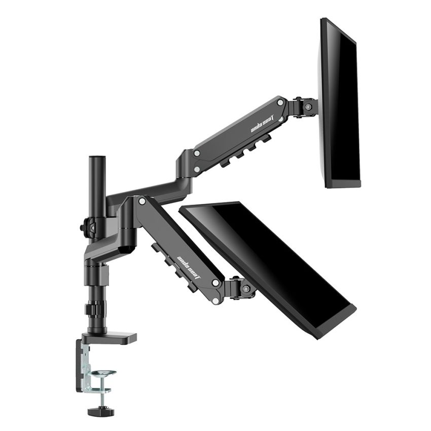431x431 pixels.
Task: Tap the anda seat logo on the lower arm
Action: click(189, 267)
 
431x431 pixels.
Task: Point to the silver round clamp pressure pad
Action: click(103, 374)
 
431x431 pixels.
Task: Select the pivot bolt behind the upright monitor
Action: click(308, 107)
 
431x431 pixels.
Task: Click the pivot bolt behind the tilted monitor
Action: click(246, 289)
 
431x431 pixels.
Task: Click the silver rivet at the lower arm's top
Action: click(142, 201)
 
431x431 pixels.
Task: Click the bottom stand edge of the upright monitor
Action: click(343, 184)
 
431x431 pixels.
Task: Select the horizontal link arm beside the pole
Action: click(147, 190)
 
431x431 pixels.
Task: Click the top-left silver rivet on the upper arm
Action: click(196, 152)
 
